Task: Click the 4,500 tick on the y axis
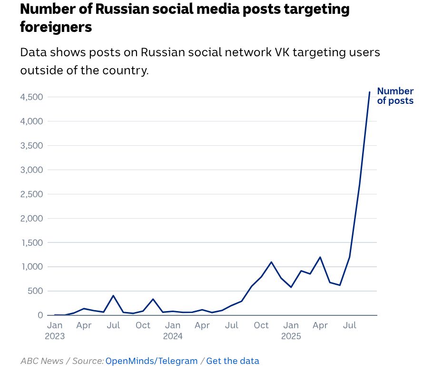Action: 31,97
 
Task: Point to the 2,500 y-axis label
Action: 31,194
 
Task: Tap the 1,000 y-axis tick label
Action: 31,267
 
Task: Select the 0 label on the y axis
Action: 40,315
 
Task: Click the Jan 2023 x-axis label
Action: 55,331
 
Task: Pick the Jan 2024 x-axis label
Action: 173,331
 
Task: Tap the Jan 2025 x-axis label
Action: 291,331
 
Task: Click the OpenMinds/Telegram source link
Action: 151,361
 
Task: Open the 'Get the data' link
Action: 233,361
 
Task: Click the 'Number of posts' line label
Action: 395,96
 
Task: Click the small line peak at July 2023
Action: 113,296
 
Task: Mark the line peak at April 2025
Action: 320,257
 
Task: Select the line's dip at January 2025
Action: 291,287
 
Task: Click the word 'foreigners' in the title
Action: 56,27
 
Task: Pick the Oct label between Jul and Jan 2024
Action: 143,325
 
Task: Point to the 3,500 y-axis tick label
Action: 31,146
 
